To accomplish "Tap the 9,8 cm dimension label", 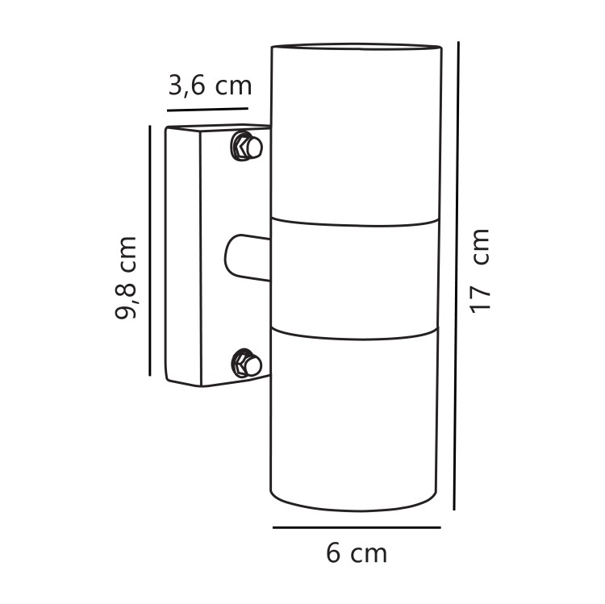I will tap(127, 278).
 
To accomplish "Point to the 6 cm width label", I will tap(357, 554).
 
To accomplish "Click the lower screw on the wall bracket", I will tap(244, 363).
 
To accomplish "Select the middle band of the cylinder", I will tap(356, 274).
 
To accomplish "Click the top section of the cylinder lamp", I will tap(356, 133).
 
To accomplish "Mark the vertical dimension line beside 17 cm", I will tap(457, 274).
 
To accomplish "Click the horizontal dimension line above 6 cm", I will tap(356, 527).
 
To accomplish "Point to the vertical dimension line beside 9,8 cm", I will tap(151, 250).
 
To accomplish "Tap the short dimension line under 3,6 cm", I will tap(208, 107).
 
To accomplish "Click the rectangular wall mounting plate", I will tap(194, 256).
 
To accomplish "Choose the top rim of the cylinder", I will tap(356, 45).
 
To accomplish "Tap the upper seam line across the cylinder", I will tap(356, 219).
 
